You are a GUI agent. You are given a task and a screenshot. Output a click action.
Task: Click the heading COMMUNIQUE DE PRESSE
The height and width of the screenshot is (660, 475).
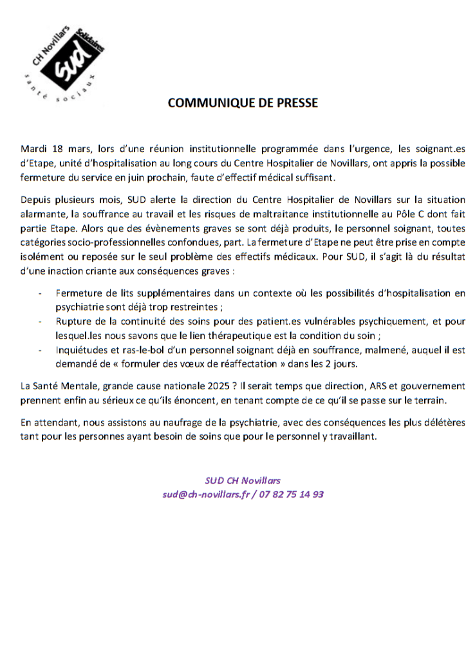pyautogui.click(x=243, y=103)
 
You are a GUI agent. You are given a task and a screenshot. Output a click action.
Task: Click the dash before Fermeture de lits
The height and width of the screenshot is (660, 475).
pyautogui.click(x=41, y=293)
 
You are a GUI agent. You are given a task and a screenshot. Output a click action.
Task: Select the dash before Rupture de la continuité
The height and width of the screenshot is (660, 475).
pyautogui.click(x=41, y=321)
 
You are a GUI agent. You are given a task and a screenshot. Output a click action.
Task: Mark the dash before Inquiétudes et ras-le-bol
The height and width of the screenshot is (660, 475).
pyautogui.click(x=41, y=349)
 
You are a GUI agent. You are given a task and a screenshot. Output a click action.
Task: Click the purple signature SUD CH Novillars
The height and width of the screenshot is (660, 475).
pyautogui.click(x=243, y=480)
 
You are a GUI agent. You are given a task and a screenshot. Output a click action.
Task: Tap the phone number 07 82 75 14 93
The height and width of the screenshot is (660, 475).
pyautogui.click(x=293, y=494)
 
